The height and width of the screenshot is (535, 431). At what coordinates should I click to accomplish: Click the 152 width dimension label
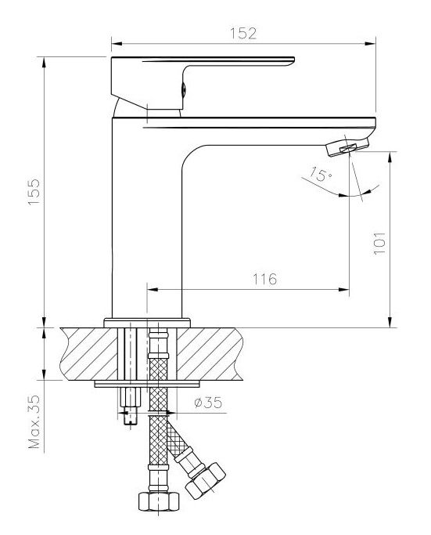tap(243, 34)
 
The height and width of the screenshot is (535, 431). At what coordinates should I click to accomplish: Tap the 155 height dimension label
tap(34, 192)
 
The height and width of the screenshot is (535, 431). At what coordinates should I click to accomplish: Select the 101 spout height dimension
tap(379, 244)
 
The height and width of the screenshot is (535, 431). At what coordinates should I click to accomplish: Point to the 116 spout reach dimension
tap(264, 279)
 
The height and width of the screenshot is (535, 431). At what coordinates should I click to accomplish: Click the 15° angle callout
tap(320, 174)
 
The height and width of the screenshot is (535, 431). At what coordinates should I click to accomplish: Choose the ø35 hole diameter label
tap(208, 403)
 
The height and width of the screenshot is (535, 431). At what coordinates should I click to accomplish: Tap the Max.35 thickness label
tap(34, 422)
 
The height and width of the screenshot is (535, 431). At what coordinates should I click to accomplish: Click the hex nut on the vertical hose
tap(159, 501)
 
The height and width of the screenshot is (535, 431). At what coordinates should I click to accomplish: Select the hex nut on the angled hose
tap(206, 481)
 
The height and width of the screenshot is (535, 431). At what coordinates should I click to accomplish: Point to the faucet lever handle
tap(203, 83)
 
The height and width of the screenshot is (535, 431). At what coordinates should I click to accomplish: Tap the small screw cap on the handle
tap(184, 90)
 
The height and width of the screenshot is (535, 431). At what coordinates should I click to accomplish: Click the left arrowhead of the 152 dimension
tap(117, 44)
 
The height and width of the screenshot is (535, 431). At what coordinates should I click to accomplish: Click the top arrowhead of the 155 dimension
tap(44, 63)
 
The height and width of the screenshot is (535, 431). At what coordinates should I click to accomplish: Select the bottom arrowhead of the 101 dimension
tap(390, 322)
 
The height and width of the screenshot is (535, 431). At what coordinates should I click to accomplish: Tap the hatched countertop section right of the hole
tap(210, 354)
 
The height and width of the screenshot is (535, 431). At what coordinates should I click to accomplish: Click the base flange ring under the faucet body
tap(147, 323)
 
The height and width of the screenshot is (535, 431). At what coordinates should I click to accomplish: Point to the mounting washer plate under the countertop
tap(147, 384)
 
